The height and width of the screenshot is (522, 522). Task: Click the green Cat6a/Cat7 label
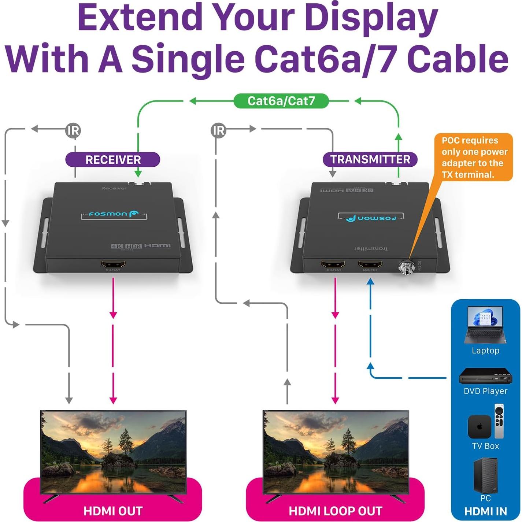tap(281, 101)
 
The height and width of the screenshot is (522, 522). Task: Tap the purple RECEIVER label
tap(113, 160)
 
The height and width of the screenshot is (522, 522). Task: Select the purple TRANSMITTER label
tap(370, 160)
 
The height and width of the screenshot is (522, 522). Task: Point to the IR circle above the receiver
tap(73, 130)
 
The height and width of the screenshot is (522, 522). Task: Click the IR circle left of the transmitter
tap(219, 130)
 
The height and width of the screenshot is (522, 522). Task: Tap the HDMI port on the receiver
tap(113, 264)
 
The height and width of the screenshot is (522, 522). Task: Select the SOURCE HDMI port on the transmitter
tap(370, 264)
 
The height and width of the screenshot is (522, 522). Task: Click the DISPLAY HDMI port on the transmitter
tap(333, 264)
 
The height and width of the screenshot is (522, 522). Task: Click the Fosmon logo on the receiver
tap(114, 214)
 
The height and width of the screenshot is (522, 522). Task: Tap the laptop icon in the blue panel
tap(485, 325)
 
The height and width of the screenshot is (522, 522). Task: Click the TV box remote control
tap(499, 421)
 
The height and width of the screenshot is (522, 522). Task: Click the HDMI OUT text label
tap(113, 511)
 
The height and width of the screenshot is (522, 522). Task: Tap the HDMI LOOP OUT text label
tap(335, 511)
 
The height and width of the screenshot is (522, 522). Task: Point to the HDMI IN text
tap(485, 511)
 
